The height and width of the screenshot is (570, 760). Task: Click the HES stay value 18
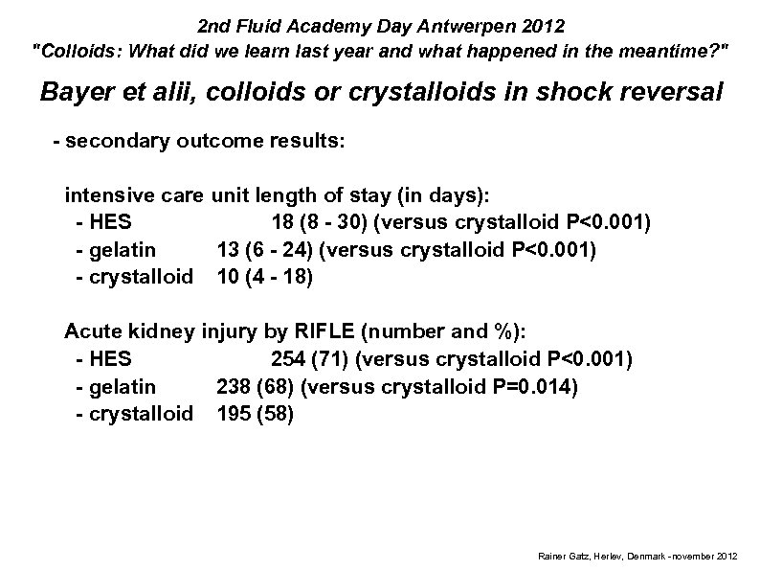pyautogui.click(x=282, y=223)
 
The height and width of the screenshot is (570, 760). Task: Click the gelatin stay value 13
pyautogui.click(x=228, y=250)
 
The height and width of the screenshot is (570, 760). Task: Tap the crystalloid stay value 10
pyautogui.click(x=228, y=277)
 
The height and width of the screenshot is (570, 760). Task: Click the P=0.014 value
pyautogui.click(x=534, y=386)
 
